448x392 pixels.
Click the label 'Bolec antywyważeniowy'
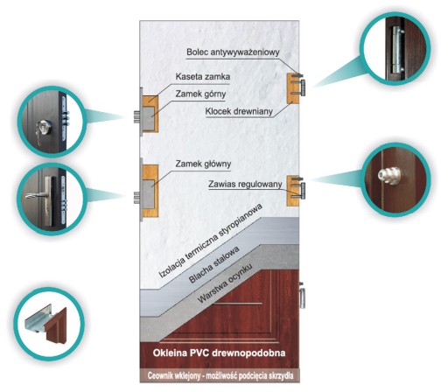pos(233,52)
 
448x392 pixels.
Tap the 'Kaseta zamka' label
pos(203,77)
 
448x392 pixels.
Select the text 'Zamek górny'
pos(200,94)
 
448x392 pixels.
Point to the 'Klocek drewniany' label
pos(239,111)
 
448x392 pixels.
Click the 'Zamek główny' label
pos(203,164)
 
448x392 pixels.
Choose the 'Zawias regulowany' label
pos(245,185)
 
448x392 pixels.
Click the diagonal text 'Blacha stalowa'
pos(214,264)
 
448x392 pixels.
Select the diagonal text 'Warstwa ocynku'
pos(224,283)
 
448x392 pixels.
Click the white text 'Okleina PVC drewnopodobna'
pos(219,353)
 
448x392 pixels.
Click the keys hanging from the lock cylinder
pos(38,136)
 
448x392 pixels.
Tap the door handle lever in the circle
pos(36,195)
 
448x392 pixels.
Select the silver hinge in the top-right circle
pos(396,50)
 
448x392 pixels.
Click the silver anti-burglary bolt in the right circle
pos(389,175)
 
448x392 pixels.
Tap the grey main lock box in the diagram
pos(148,193)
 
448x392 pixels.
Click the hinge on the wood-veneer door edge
pos(303,297)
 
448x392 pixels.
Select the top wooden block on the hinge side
pos(292,88)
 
